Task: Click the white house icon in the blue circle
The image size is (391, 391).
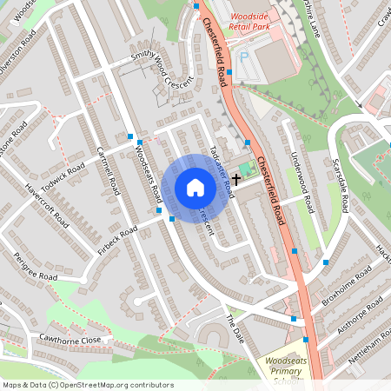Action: click(x=195, y=188)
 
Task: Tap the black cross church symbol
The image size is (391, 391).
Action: click(x=235, y=177)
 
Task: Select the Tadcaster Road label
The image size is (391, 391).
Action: click(x=221, y=166)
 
